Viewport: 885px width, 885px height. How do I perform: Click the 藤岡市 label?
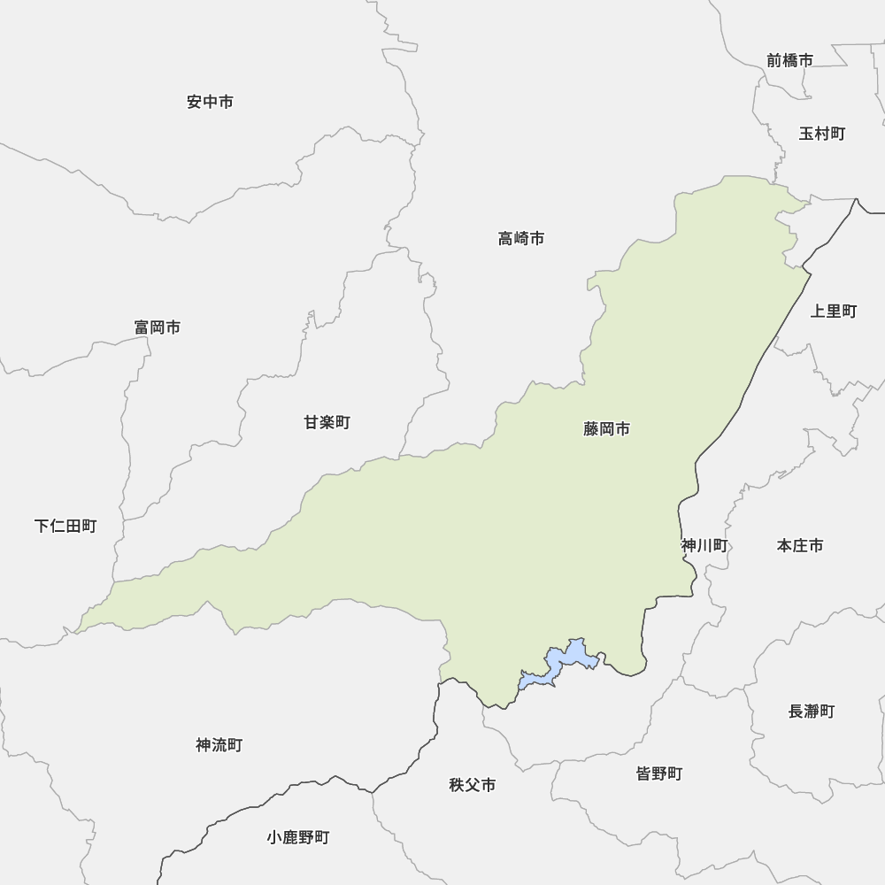pyautogui.click(x=607, y=429)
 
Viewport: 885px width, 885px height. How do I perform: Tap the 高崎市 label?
pyautogui.click(x=520, y=238)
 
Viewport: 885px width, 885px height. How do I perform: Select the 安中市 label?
pyautogui.click(x=211, y=102)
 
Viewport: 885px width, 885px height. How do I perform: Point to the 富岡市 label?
pyautogui.click(x=158, y=327)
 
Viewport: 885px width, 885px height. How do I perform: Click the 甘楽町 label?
pyautogui.click(x=327, y=423)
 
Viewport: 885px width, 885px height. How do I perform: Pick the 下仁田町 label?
pyautogui.click(x=65, y=527)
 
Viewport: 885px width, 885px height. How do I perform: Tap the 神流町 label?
pyautogui.click(x=219, y=745)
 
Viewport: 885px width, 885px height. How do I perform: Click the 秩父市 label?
pyautogui.click(x=472, y=785)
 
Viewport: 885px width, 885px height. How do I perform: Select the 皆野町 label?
pyautogui.click(x=659, y=773)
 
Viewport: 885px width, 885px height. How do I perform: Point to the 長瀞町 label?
pyautogui.click(x=811, y=711)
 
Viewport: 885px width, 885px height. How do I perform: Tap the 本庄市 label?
pyautogui.click(x=800, y=546)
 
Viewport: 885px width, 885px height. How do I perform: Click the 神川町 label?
pyautogui.click(x=704, y=546)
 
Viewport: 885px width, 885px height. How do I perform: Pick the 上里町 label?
pyautogui.click(x=834, y=311)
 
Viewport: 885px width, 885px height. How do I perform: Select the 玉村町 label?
pyautogui.click(x=821, y=134)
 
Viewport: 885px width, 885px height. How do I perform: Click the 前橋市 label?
pyautogui.click(x=789, y=60)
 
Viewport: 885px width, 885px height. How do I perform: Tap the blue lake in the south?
pyautogui.click(x=566, y=662)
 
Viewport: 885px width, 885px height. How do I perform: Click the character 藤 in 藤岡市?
pyautogui.click(x=591, y=429)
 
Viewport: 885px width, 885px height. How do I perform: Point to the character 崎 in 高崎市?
pyautogui.click(x=520, y=238)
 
